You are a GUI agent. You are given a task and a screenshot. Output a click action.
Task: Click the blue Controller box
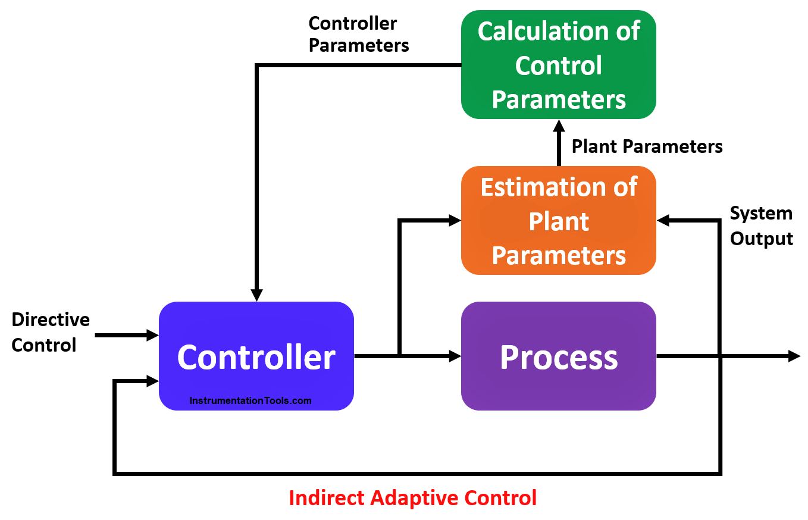(256, 356)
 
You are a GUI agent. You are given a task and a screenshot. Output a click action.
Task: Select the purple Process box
(558, 356)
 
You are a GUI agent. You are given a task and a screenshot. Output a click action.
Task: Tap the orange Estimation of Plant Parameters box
(558, 220)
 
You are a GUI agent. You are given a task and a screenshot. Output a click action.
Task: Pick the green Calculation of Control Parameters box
(558, 64)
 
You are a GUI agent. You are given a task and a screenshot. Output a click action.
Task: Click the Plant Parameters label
(647, 146)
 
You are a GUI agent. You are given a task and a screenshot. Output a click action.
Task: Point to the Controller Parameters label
(359, 35)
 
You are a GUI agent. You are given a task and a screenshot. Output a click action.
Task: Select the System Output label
(762, 225)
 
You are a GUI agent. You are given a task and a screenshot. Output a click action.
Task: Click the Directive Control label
(51, 332)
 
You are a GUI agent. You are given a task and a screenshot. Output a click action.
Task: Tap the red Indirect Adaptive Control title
(413, 498)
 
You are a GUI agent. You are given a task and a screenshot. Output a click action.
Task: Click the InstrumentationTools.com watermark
(250, 400)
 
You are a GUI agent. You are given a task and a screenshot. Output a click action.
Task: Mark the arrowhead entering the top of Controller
(256, 295)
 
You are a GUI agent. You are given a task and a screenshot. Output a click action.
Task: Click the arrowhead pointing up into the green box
(559, 126)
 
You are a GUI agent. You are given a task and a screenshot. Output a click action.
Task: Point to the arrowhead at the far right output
(794, 356)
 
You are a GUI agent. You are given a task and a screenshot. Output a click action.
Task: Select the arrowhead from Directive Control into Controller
(152, 335)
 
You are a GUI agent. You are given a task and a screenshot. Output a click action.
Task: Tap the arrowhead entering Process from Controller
(455, 356)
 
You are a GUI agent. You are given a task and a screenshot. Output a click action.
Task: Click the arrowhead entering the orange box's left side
(455, 220)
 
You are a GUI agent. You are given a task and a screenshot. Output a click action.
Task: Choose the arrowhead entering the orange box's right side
(663, 220)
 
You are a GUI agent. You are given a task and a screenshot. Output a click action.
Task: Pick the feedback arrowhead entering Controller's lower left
(152, 381)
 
